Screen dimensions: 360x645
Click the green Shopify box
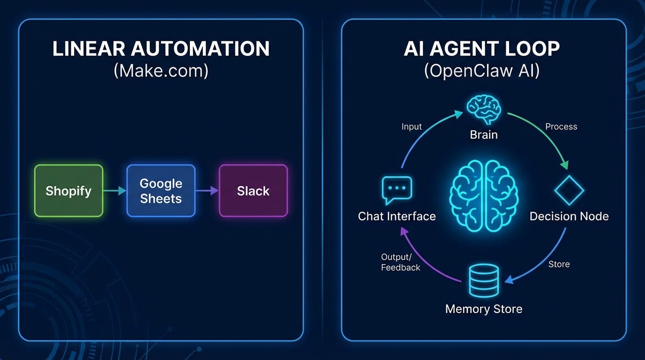[68, 191]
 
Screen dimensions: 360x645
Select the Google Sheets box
[161, 191]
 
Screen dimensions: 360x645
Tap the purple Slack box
[253, 191]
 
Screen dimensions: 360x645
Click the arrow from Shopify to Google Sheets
[115, 191]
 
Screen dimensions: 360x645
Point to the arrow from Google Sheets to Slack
[207, 191]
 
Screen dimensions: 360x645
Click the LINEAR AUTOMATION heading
[161, 49]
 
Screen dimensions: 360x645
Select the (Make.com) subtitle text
[161, 71]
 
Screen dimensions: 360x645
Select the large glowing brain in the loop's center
[484, 195]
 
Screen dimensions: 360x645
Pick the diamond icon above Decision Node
[569, 191]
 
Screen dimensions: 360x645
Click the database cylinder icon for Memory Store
[483, 280]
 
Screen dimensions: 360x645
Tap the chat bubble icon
[397, 190]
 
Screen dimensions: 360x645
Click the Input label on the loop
[412, 127]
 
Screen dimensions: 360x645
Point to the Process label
[561, 127]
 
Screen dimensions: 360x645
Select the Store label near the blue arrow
[559, 264]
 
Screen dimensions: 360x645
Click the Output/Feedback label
[400, 262]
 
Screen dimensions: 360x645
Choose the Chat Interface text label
[397, 216]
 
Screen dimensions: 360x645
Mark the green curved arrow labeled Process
[544, 136]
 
